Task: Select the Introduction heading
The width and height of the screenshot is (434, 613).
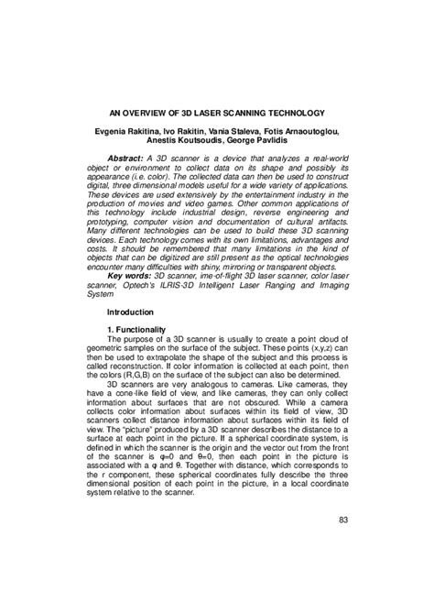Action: (x=132, y=312)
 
